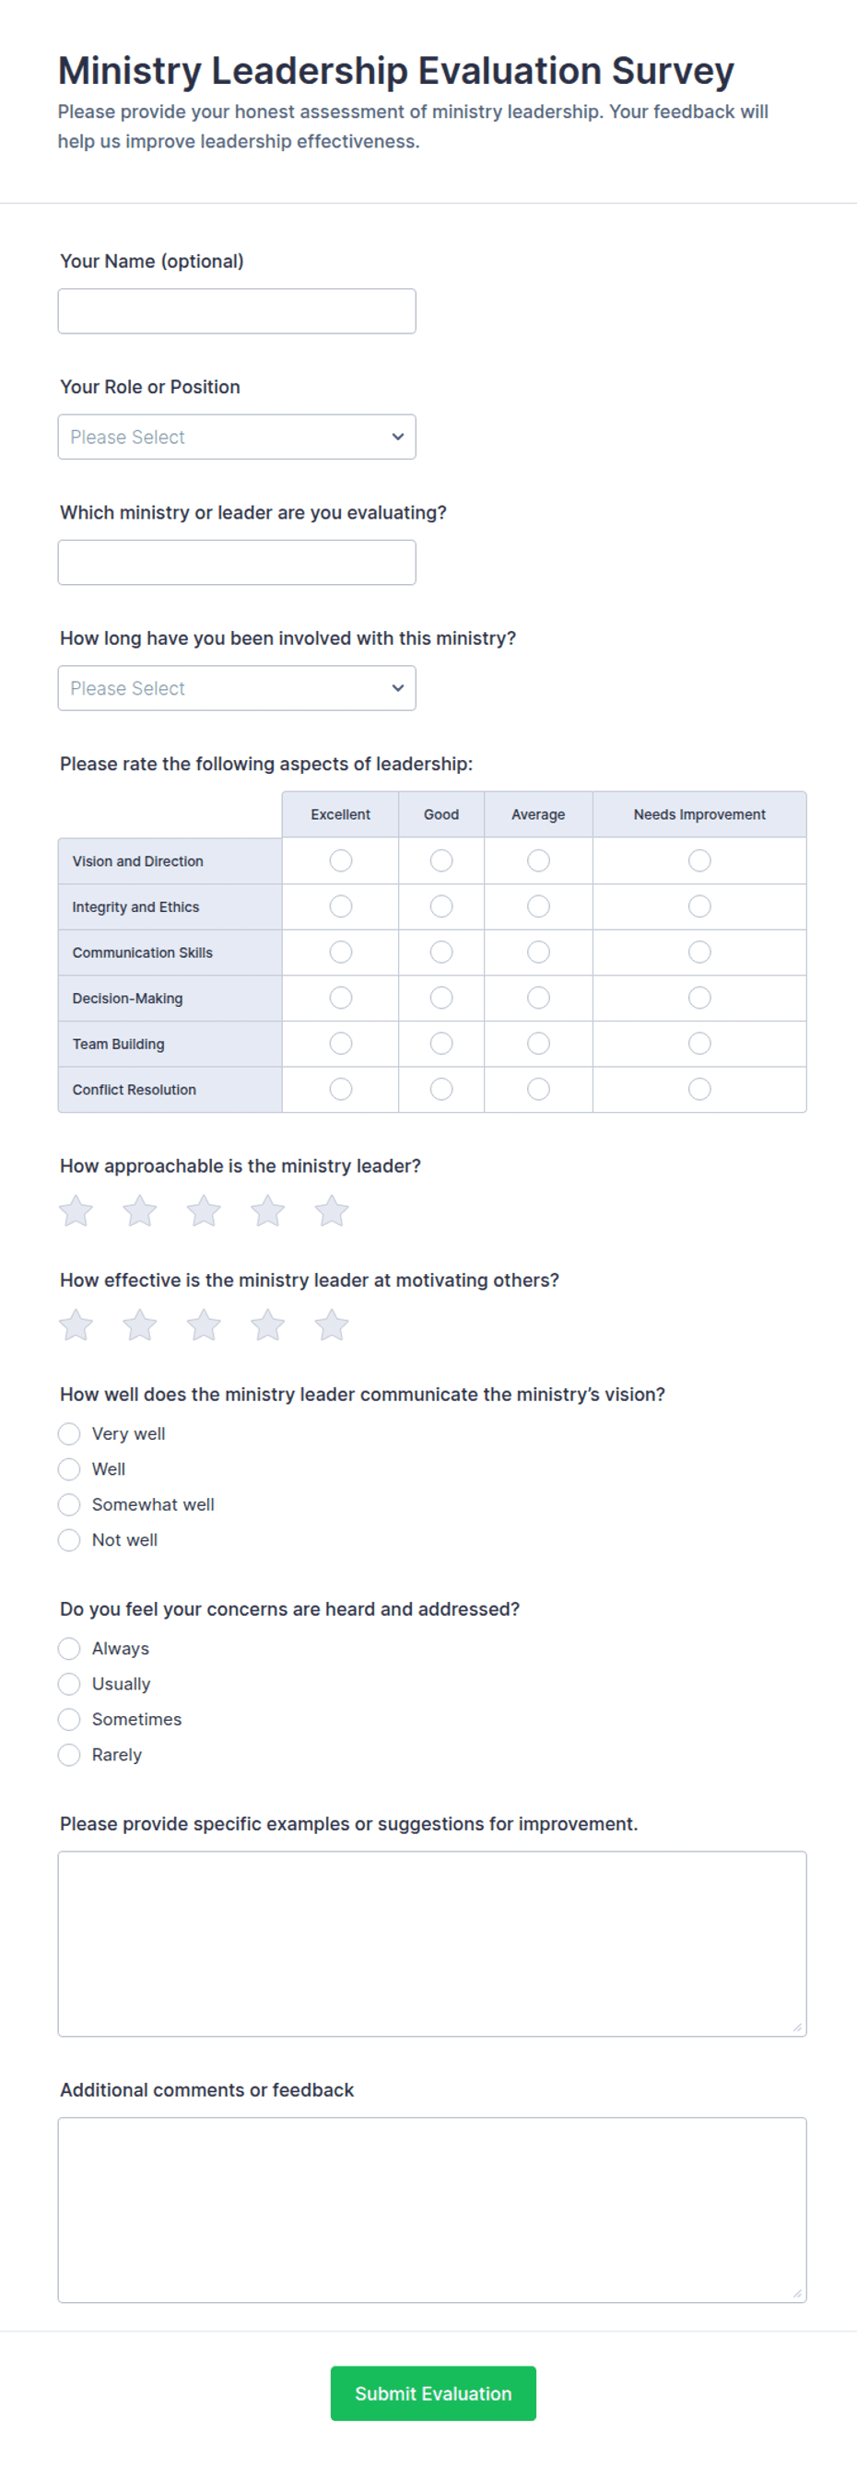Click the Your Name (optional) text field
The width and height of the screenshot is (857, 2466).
237,311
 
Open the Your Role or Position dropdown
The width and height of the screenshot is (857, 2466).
237,437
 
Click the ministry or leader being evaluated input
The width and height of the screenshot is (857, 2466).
237,562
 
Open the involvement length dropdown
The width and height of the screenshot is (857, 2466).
237,688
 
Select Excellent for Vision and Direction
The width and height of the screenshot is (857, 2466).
341,860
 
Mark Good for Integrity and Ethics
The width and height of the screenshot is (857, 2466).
441,906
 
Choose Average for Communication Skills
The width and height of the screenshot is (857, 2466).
538,953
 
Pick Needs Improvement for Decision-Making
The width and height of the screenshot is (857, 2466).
700,998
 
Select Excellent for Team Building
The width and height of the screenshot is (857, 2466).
341,1044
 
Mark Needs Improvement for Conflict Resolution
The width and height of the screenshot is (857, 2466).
700,1090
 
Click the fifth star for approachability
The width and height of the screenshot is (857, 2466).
332,1211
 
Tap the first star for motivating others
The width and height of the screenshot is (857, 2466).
76,1325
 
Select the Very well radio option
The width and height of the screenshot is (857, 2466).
69,1434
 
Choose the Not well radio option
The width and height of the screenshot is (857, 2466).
69,1540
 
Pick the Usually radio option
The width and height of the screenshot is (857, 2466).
69,1684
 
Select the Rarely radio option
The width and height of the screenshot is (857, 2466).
69,1755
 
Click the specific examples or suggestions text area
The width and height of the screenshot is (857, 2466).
432,1944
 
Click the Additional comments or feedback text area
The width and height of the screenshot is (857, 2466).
432,2209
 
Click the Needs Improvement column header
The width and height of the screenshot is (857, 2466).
699,814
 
